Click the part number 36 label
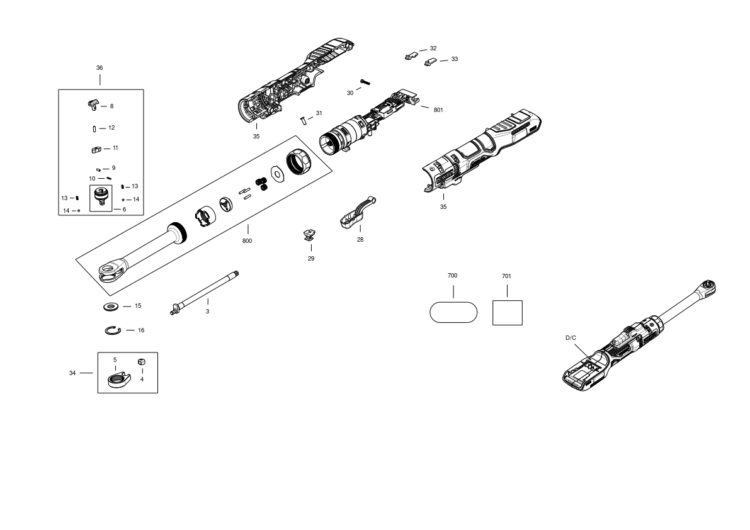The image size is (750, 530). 99,68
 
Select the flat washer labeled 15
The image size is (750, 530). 111,307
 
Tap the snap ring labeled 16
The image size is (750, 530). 113,330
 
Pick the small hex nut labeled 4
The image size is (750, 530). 142,362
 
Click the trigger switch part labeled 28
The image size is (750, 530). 357,211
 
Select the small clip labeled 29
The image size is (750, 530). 310,235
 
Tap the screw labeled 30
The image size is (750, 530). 366,82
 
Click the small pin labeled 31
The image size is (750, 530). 303,120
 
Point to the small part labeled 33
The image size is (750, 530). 431,62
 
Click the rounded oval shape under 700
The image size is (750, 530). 453,312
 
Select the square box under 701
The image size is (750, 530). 508,313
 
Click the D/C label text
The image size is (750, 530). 571,338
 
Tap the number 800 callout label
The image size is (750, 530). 247,241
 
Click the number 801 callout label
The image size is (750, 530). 438,110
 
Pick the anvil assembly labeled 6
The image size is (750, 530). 101,198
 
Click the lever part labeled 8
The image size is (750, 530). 93,104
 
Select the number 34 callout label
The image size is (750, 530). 72,373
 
